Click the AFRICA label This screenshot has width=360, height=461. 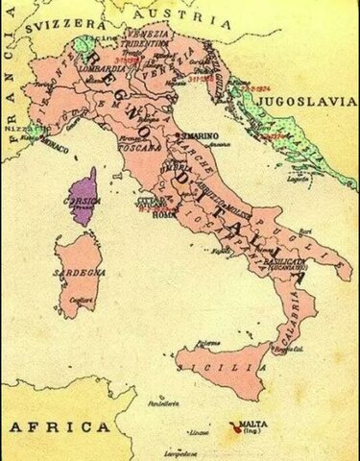coord(57,426)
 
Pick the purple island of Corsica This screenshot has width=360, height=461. coord(84,196)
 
